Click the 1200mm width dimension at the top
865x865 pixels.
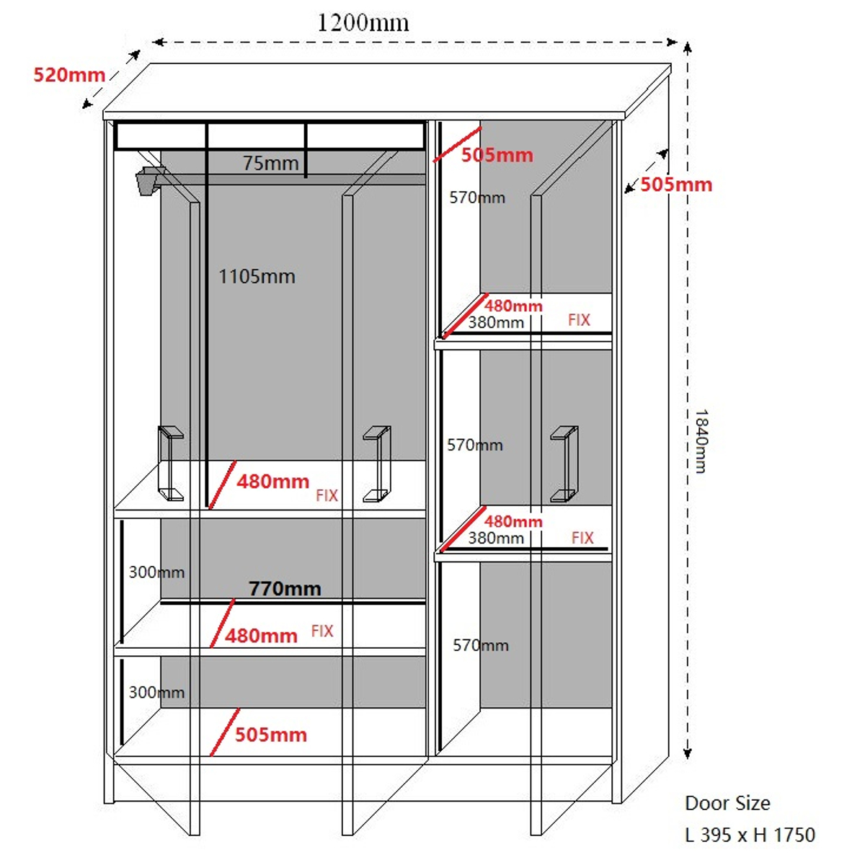coord(363,23)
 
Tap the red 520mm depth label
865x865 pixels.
coord(69,75)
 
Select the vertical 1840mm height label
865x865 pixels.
coord(700,441)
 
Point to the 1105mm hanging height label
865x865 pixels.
coord(257,277)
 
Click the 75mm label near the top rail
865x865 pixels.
coord(270,164)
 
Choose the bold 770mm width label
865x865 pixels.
coord(285,589)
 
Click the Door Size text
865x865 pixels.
coord(727,803)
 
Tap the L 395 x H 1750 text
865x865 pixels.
coord(750,835)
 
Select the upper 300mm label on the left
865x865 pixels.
coord(156,572)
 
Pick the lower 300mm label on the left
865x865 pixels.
coord(156,693)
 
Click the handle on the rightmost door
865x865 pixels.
coord(564,463)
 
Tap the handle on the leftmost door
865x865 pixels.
coord(171,463)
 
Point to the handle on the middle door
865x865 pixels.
coord(376,463)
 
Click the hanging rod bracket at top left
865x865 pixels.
coord(149,180)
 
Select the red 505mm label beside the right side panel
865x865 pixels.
coord(676,185)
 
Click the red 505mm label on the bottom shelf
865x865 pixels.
coord(271,735)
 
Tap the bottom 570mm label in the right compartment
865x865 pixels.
coord(480,645)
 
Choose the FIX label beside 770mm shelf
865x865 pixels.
coord(322,631)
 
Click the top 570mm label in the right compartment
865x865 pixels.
coord(476,198)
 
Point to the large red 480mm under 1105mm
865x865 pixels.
coord(272,482)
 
